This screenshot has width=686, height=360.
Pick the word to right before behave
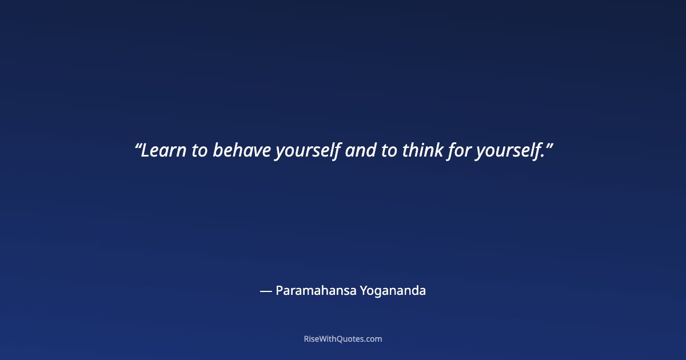200,151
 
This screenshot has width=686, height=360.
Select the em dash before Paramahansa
265,291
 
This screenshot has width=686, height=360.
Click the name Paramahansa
316,291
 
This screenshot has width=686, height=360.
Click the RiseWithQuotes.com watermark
343,339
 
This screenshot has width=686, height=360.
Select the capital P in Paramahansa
279,291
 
